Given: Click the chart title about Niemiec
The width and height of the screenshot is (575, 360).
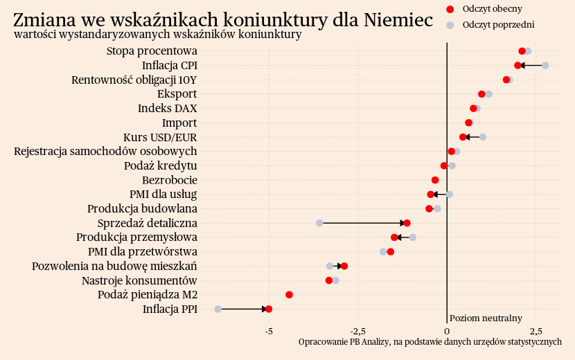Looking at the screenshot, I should [x=223, y=19].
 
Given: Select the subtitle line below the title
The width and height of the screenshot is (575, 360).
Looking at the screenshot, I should [x=157, y=35].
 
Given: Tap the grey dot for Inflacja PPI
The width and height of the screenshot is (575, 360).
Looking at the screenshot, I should [x=218, y=309].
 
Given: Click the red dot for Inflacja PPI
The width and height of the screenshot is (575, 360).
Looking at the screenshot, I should [x=269, y=309].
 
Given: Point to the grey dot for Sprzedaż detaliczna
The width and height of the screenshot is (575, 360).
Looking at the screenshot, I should [x=319, y=223].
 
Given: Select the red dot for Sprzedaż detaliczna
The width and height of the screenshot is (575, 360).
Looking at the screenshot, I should [x=407, y=223].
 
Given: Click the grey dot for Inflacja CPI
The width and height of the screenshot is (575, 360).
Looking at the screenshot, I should [x=545, y=65].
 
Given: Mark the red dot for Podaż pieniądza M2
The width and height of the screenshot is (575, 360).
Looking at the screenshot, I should [x=289, y=295].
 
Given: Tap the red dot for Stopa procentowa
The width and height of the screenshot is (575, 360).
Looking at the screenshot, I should [x=522, y=51].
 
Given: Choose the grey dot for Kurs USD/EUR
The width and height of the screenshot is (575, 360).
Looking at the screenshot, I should [x=483, y=137].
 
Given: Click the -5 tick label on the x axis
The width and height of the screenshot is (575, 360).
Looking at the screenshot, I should [x=269, y=331].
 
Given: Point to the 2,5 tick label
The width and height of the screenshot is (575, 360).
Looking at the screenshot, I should [x=535, y=331].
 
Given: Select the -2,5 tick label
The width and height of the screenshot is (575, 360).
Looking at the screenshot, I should [x=357, y=331].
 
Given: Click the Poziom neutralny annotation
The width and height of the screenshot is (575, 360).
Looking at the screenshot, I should [x=486, y=318].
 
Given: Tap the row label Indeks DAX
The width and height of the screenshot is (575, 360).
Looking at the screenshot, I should [x=167, y=109].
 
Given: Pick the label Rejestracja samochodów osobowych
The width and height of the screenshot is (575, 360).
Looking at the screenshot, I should [x=105, y=152].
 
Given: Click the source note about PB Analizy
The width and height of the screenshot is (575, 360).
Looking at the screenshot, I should [x=430, y=342].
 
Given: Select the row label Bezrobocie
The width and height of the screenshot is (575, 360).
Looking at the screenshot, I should [x=169, y=180].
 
